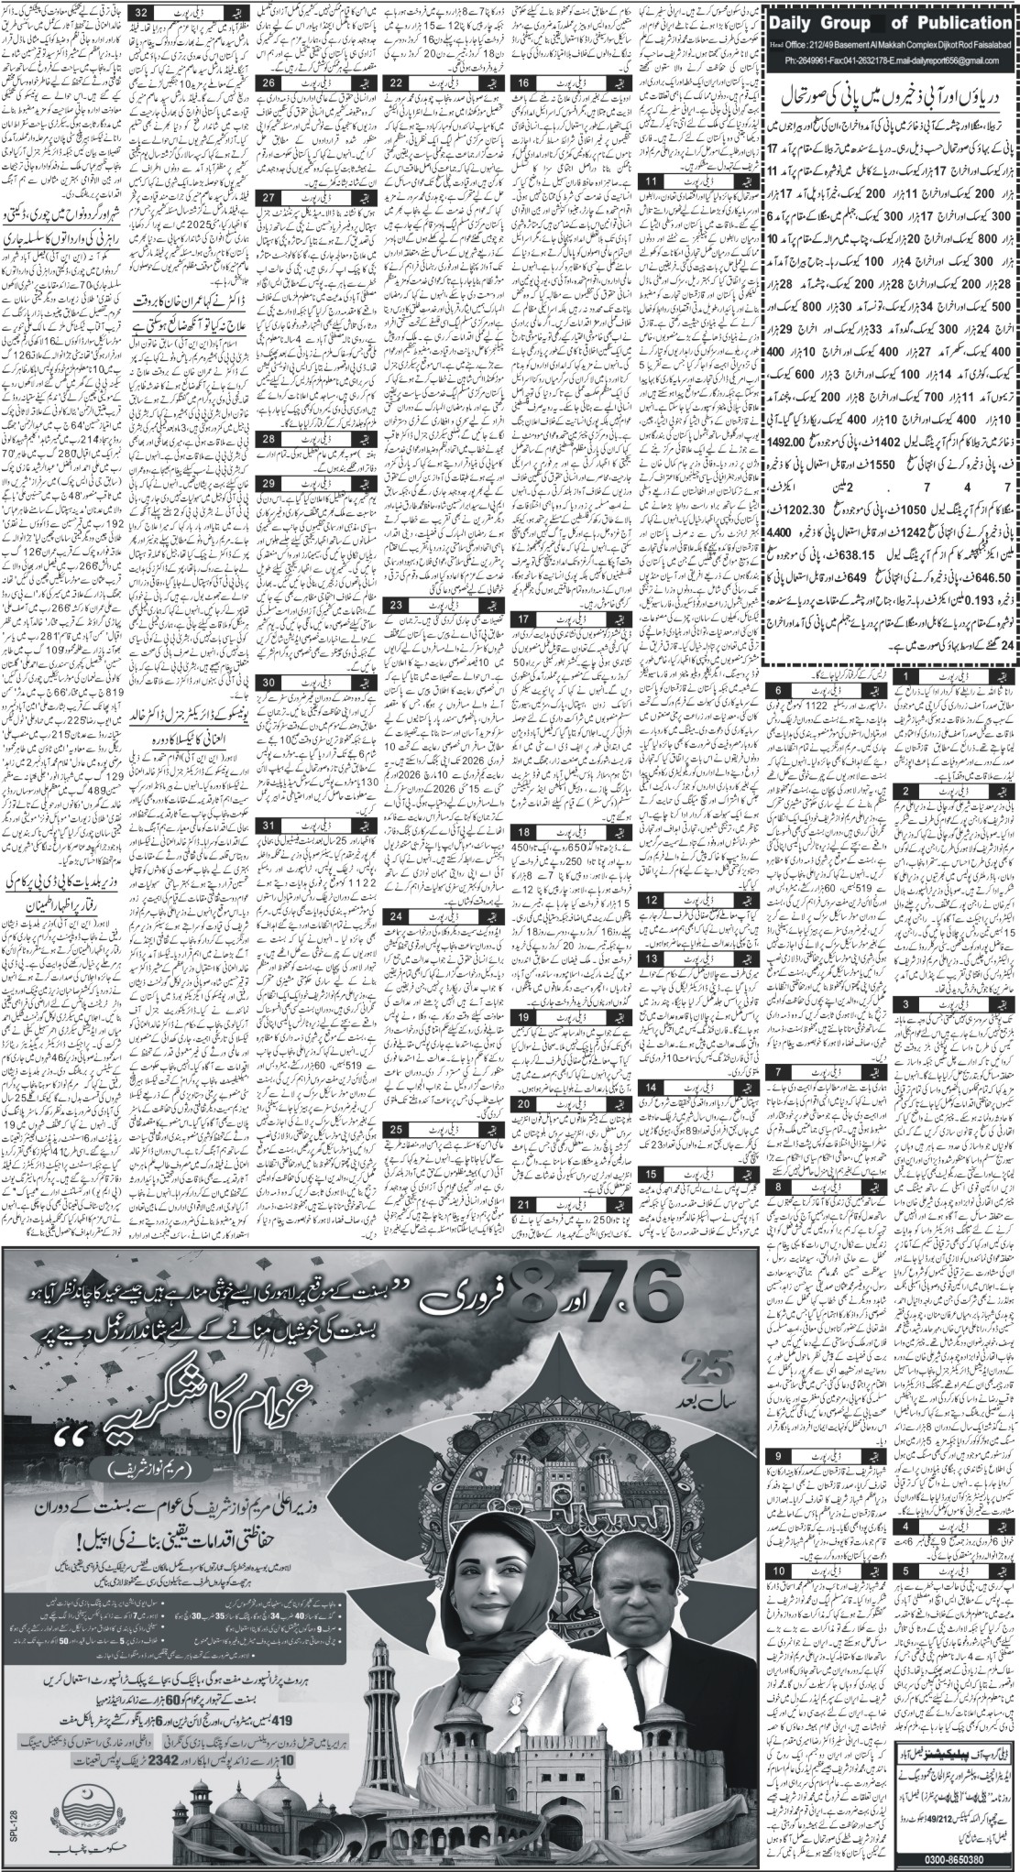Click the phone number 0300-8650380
[954, 1855]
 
